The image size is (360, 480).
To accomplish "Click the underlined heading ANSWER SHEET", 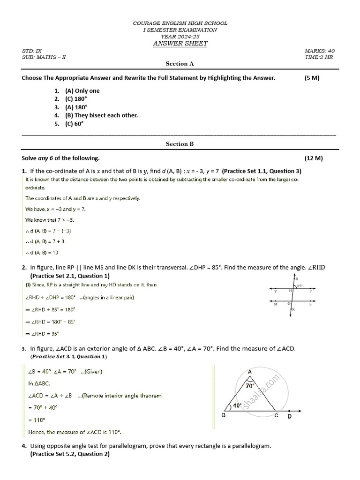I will coord(180,44).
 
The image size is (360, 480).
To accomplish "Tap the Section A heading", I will coord(180,64).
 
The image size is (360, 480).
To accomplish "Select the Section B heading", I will coord(180,144).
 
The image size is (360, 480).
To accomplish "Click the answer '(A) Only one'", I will coord(82,91).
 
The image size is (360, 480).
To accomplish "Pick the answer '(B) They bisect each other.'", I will coord(101,115).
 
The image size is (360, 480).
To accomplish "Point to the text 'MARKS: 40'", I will coord(320,51).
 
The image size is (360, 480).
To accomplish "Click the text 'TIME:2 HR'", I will coord(319,57).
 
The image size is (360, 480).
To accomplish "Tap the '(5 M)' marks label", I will coord(312,78).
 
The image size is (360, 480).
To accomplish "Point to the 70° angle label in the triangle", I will coord(250,386).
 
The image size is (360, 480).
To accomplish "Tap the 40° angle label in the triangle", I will coord(237,405).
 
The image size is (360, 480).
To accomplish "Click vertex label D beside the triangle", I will coord(290,416).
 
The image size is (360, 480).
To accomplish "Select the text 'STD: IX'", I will coord(32,51).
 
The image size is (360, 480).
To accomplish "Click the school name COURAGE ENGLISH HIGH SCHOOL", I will coord(180,23).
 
